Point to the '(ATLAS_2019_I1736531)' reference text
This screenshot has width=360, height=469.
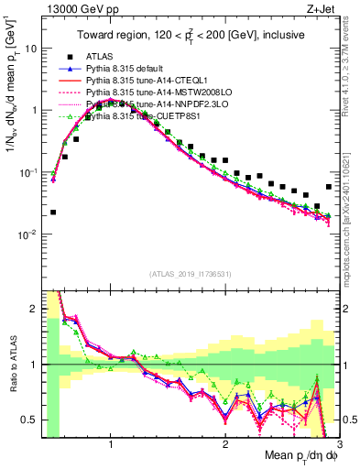pos(191,273)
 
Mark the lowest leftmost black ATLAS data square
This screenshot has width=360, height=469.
pos(53,212)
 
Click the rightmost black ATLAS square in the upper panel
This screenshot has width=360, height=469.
pos(329,187)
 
